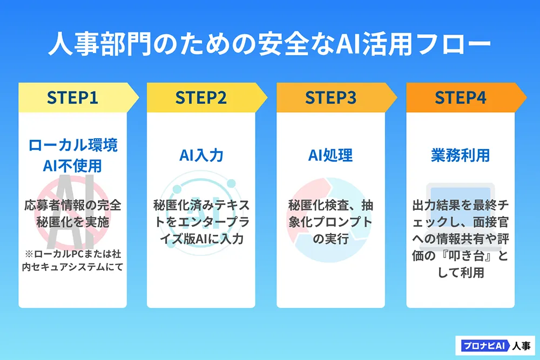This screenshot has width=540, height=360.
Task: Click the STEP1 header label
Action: [72, 98]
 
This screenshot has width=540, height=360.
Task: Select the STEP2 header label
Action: [201, 98]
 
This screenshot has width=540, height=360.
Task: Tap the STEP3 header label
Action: [330, 98]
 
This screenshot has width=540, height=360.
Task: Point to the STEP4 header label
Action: [460, 98]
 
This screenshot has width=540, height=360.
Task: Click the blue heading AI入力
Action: [201, 155]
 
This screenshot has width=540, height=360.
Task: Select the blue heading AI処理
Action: [330, 155]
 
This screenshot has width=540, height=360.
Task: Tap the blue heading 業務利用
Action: [460, 155]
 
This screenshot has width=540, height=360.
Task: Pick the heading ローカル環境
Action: [72, 145]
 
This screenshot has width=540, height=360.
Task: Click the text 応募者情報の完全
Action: [72, 205]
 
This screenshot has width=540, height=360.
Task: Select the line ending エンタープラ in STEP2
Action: [201, 221]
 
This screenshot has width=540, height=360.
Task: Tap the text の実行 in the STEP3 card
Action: [330, 237]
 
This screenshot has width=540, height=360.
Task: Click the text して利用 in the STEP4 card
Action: [460, 273]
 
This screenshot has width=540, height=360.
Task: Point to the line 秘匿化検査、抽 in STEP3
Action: [330, 205]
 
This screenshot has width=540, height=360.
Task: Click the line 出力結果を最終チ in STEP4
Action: [460, 205]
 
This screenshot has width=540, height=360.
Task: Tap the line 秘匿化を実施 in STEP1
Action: [72, 222]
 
